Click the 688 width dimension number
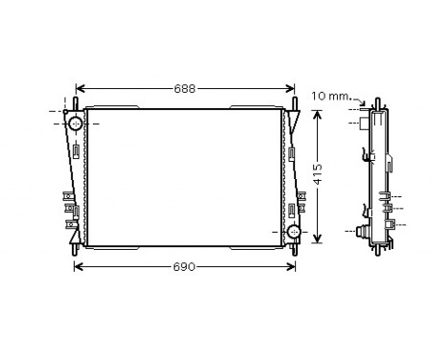click(x=185, y=89)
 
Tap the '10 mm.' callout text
click(x=331, y=95)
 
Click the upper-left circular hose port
click(x=75, y=122)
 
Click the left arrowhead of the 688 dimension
click(x=78, y=89)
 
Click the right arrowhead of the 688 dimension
click(x=291, y=89)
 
